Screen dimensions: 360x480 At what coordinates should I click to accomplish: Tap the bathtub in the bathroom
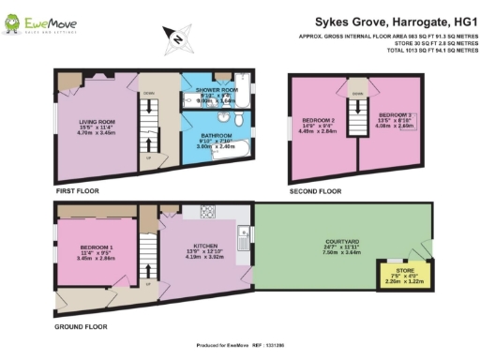point(229,156)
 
